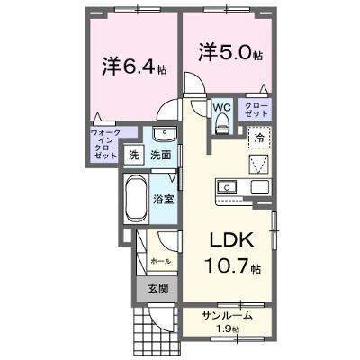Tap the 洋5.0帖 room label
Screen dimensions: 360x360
pyautogui.click(x=230, y=52)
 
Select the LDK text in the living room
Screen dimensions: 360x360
pyautogui.click(x=231, y=240)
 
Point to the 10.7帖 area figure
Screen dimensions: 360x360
pyautogui.click(x=232, y=266)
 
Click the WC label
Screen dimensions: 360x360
pyautogui.click(x=222, y=108)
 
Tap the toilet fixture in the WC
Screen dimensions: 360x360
pyautogui.click(x=222, y=123)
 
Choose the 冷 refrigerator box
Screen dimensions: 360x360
pyautogui.click(x=259, y=138)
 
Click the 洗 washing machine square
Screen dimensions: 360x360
pyautogui.click(x=134, y=155)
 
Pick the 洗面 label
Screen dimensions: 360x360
pyautogui.click(x=161, y=155)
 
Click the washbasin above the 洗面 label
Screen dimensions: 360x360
pyautogui.click(x=165, y=133)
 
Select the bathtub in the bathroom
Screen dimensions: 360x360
pyautogui.click(x=137, y=198)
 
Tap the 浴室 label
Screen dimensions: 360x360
pyautogui.click(x=164, y=200)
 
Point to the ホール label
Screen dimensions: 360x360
pyautogui.click(x=161, y=261)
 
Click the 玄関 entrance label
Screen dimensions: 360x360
pyautogui.click(x=158, y=289)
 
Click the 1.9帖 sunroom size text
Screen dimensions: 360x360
pyautogui.click(x=229, y=329)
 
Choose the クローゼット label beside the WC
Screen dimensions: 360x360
pyautogui.click(x=256, y=110)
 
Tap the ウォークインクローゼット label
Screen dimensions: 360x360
pyautogui.click(x=105, y=144)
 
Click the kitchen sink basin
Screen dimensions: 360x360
pyautogui.click(x=228, y=188)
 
